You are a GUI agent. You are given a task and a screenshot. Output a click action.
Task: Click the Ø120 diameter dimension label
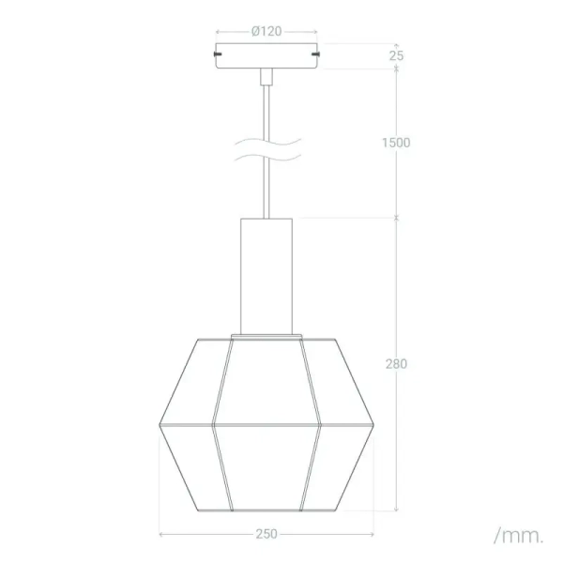point(267,31)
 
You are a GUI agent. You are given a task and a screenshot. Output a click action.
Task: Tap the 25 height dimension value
point(397,55)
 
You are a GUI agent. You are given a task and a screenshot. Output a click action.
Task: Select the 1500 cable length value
point(396,143)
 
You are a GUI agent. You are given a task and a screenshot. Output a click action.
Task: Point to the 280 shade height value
point(396,364)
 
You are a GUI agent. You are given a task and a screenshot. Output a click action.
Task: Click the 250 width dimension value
point(267,534)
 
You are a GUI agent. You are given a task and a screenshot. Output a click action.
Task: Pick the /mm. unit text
point(518,536)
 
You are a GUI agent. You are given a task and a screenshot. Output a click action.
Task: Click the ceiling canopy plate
point(267,55)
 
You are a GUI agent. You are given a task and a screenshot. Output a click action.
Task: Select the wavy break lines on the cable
point(267,149)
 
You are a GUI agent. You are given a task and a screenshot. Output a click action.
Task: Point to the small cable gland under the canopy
point(267,73)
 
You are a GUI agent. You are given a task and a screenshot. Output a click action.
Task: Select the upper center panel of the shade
point(267,380)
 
